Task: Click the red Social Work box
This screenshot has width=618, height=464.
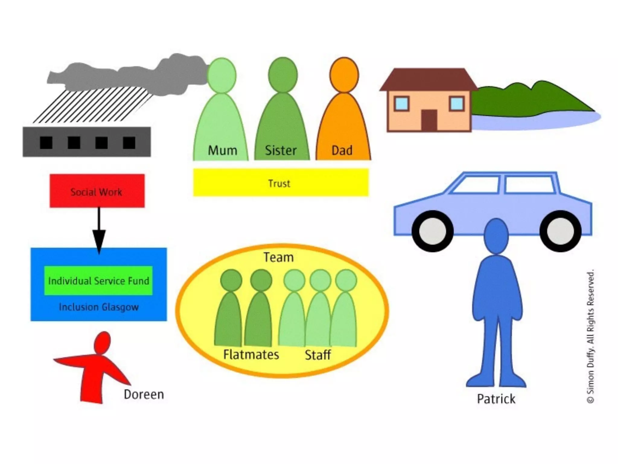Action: click(97, 191)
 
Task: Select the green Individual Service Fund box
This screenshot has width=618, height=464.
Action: click(98, 281)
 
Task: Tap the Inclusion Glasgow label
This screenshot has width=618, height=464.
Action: click(99, 307)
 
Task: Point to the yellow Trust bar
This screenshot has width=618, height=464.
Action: click(281, 183)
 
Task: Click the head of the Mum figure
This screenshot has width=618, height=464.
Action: click(222, 75)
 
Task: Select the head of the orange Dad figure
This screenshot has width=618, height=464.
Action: click(344, 75)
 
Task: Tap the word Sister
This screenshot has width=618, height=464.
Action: click(281, 150)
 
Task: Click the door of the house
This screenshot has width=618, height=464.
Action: click(429, 120)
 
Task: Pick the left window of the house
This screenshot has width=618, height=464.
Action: click(401, 104)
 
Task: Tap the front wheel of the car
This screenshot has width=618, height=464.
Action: click(432, 231)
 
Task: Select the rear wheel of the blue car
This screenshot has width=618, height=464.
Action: click(560, 231)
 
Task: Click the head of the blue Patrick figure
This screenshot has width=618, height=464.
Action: click(496, 236)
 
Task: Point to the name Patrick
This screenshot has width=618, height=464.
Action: click(496, 399)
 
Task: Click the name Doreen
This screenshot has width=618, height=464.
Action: click(144, 394)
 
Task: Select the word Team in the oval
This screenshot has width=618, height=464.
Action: click(278, 257)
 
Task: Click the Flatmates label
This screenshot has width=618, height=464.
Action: click(251, 355)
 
